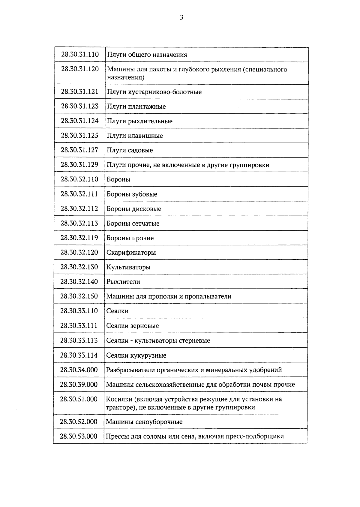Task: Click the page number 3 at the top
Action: [181, 18]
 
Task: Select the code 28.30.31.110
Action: [80, 55]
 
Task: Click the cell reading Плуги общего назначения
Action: [147, 55]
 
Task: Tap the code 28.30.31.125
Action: [79, 136]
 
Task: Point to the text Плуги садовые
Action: [130, 150]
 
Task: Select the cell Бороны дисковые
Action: [134, 209]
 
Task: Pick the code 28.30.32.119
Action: [79, 238]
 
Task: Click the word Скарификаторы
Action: [131, 253]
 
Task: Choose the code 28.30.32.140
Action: [79, 282]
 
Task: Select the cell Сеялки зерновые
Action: [133, 326]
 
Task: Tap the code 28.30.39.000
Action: [79, 385]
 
